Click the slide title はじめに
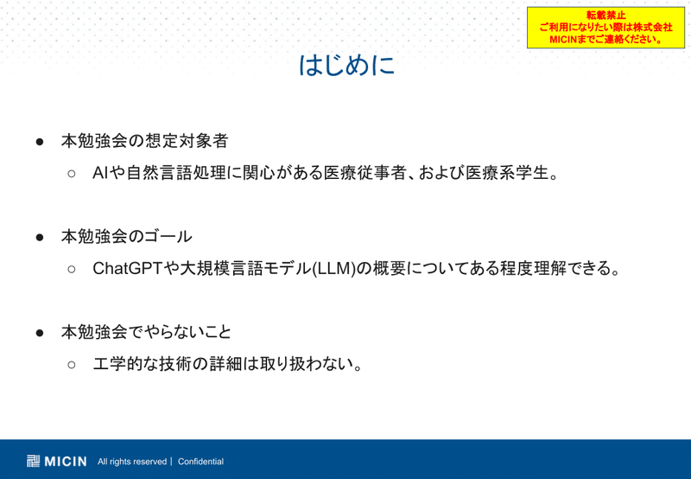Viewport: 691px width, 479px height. point(346,65)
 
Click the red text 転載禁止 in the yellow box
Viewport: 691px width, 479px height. point(606,16)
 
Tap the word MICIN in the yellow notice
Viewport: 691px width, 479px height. point(563,39)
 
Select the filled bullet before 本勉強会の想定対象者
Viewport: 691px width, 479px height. point(40,142)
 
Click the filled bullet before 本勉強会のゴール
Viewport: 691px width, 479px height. point(40,237)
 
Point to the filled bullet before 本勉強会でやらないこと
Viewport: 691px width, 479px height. point(40,333)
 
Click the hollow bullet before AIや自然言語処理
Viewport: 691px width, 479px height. point(72,173)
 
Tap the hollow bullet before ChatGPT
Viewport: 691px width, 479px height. point(72,269)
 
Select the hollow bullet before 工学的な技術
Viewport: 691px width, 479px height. point(72,364)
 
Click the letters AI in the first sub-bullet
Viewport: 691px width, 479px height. point(100,173)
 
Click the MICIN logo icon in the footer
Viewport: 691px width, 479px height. point(33,461)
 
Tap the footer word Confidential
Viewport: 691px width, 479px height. point(200,462)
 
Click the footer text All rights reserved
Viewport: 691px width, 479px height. point(132,462)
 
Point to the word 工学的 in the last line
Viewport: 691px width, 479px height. point(117,364)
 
